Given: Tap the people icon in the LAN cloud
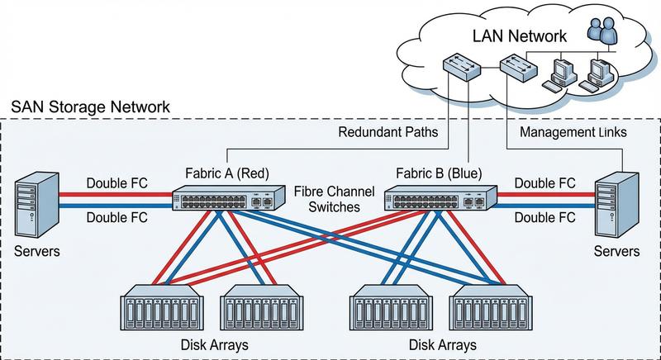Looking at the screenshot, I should [602, 34].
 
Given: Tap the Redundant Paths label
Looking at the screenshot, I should [387, 133].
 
